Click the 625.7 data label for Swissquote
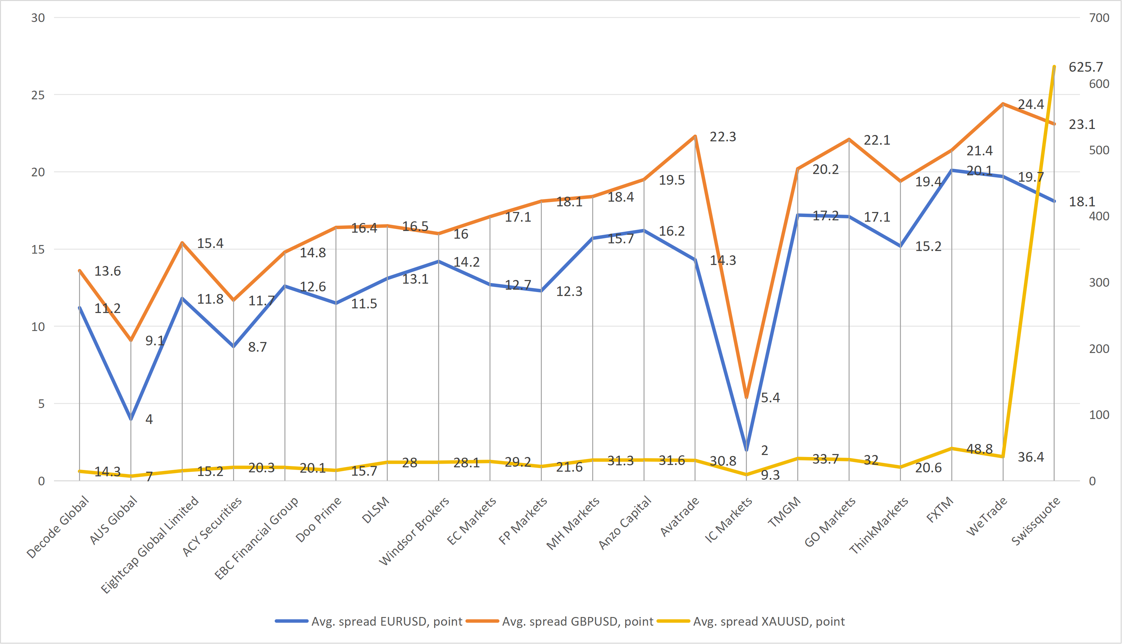pos(1085,67)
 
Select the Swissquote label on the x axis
pos(1036,521)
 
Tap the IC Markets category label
pos(728,520)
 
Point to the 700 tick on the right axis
pos(1099,18)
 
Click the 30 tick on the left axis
pos(38,18)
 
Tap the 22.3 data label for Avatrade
pos(723,137)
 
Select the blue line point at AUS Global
pos(131,419)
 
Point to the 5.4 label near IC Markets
pos(770,398)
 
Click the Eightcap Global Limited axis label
pos(149,544)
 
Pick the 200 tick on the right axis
pos(1099,349)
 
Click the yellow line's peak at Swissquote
pos(1054,67)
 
